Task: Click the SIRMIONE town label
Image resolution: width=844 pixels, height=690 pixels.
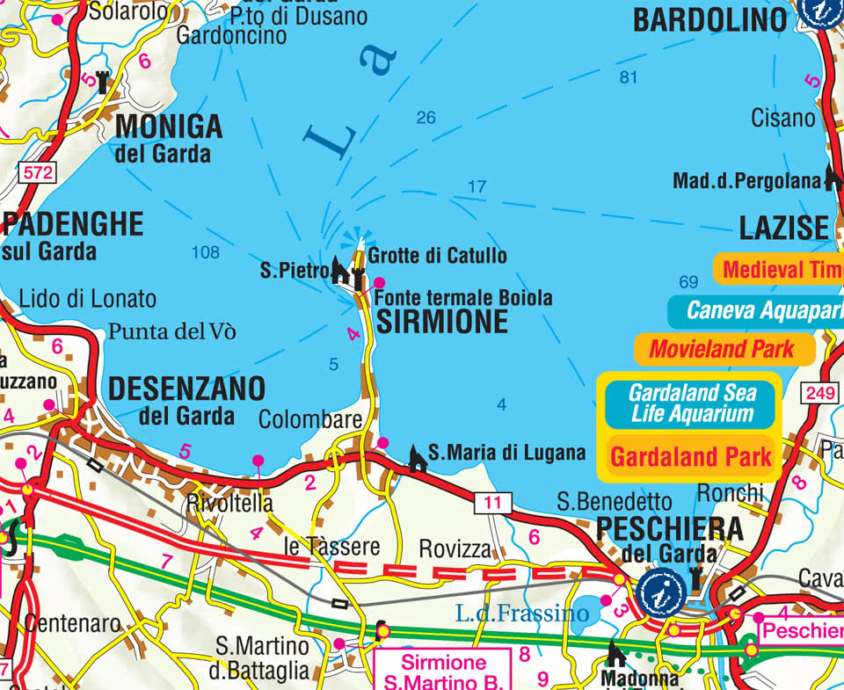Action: pos(442,322)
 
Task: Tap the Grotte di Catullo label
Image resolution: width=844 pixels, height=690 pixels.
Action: pos(437,256)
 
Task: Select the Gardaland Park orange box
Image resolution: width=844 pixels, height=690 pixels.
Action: pos(690,456)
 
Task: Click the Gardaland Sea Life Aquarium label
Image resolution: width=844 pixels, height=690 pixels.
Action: pos(691,403)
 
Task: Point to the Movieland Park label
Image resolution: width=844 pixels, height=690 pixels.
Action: pos(722,349)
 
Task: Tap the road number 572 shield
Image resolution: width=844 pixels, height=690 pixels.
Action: pos(38,173)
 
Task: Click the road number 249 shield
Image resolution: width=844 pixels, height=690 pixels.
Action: pos(819,395)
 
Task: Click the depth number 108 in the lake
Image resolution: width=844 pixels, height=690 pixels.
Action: pos(205,253)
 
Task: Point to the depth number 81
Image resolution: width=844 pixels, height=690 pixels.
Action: pos(627,77)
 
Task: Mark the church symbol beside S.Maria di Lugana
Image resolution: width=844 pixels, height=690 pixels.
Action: pos(418,457)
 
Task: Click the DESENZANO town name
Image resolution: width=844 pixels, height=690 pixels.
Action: pos(186,388)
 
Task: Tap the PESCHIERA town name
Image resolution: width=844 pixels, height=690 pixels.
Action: pos(669,529)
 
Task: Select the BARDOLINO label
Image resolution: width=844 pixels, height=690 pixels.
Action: pos(710,20)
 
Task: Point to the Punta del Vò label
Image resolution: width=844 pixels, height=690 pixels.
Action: pos(172,332)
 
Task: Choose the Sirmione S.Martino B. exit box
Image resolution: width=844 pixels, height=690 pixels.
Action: pos(444,672)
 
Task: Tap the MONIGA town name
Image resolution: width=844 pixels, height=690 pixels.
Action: pos(169,127)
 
